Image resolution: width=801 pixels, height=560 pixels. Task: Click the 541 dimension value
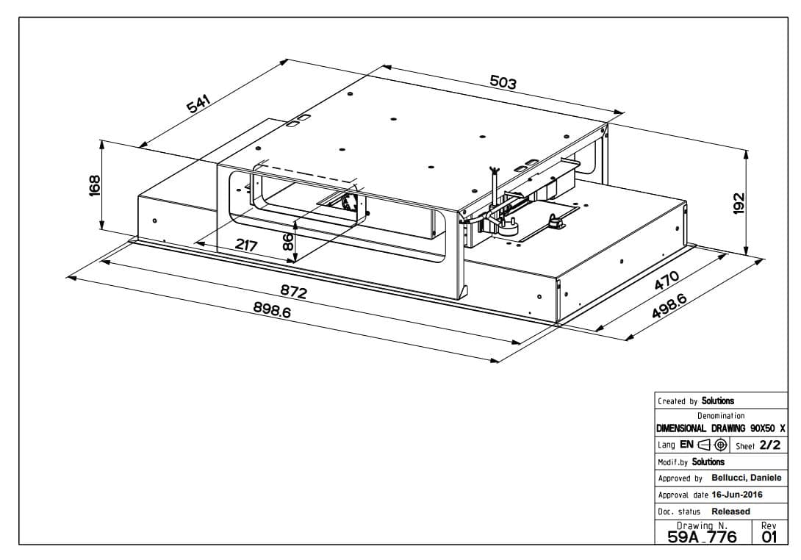point(198,104)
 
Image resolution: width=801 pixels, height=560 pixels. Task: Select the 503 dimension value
point(503,82)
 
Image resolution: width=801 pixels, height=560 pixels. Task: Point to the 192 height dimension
point(739,201)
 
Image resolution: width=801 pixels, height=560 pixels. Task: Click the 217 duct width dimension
point(245,245)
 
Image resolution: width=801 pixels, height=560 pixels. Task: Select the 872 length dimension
point(293,292)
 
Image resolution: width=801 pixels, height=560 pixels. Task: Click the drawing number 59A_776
point(702,536)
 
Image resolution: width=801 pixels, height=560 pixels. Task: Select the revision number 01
point(769,536)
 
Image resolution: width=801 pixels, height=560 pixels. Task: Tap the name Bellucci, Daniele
point(746,478)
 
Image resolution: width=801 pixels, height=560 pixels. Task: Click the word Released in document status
point(730,511)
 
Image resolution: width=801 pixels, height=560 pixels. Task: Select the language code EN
point(686,445)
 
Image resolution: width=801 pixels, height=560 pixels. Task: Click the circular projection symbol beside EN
point(721,445)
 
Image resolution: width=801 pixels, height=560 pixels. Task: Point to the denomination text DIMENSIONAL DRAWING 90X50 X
point(720,428)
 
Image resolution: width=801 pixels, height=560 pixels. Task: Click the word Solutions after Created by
point(717,401)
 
